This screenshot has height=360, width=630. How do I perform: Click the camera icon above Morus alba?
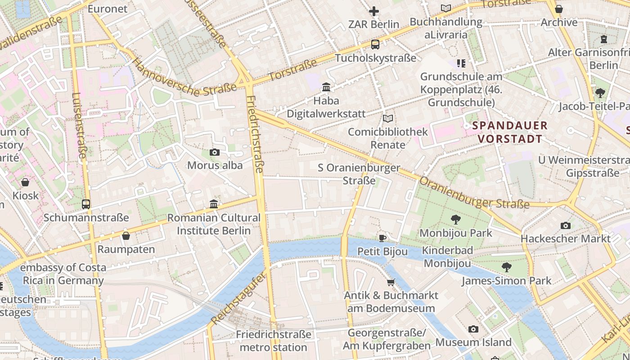(215, 153)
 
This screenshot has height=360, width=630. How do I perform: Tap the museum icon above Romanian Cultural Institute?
(214, 204)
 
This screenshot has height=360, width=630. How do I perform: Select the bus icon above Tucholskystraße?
(375, 45)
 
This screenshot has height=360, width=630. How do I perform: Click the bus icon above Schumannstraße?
(86, 204)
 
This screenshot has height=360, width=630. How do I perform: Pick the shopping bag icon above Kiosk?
(25, 182)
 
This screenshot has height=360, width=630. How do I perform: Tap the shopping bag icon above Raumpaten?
(126, 236)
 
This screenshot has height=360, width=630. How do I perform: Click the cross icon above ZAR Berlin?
(373, 11)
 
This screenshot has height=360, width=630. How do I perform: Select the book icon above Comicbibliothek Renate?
(387, 119)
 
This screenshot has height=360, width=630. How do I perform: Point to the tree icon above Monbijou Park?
(455, 220)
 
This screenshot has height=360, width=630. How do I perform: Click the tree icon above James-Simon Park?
(506, 267)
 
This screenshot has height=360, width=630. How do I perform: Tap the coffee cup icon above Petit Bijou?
(382, 238)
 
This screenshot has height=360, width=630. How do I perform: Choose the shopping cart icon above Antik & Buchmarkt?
(391, 282)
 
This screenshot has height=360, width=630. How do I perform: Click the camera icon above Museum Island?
(473, 329)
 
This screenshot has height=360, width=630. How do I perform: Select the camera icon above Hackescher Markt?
(566, 225)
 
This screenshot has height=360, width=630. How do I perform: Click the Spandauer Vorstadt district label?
(510, 132)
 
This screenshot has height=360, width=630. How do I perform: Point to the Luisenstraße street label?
(79, 125)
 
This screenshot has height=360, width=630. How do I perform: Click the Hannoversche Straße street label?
(185, 78)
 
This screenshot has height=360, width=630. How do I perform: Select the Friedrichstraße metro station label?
(273, 341)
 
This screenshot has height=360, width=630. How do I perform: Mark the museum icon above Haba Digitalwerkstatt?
(326, 87)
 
